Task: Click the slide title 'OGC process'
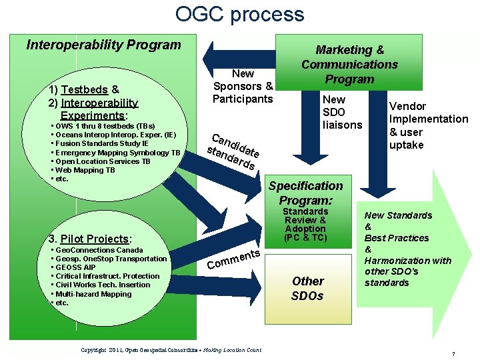pos(239,14)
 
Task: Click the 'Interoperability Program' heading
pos(103,45)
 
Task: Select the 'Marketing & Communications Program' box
pos(349,64)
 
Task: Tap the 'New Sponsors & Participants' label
pos(243,86)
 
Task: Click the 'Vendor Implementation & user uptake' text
pos(428,125)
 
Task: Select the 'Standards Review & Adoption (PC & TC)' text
pos(305,225)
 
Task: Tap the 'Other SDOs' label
pos(307,288)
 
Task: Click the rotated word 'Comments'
pos(233,260)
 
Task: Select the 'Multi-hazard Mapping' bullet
pos(93,293)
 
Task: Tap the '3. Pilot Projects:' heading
pos(91,239)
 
